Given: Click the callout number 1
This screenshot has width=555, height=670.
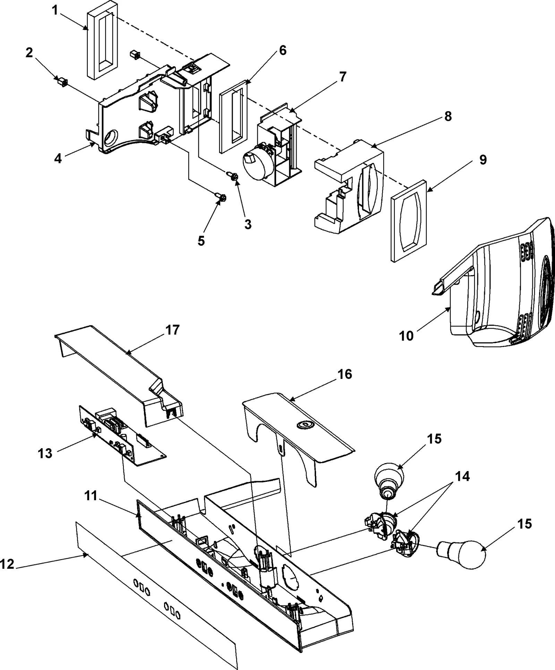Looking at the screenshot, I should click(55, 10).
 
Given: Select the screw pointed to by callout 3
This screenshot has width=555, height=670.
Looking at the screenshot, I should click(232, 176).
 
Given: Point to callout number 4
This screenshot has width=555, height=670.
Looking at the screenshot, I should click(58, 159).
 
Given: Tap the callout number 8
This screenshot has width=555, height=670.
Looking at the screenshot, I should click(448, 116).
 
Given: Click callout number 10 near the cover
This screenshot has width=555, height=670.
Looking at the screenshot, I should click(406, 336).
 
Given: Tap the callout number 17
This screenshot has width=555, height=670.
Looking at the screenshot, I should click(172, 330).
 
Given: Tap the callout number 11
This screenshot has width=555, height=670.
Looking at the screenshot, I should click(91, 496).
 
